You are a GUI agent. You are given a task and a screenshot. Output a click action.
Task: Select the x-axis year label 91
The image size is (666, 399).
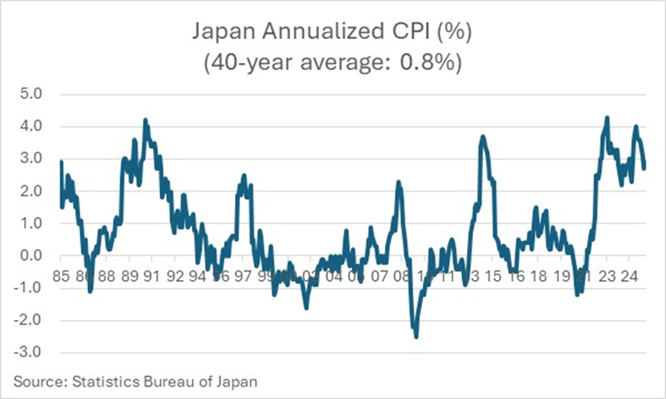[152, 276]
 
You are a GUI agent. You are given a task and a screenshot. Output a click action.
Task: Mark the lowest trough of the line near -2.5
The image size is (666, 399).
[416, 336]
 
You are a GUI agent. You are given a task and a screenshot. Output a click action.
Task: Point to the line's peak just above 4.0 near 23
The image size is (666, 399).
[607, 117]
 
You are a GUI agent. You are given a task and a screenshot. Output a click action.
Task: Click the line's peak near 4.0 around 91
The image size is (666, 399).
[146, 120]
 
